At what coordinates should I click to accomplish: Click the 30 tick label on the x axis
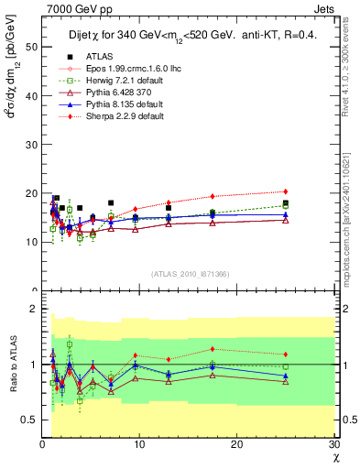[333, 445]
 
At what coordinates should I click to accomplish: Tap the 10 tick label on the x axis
[139, 445]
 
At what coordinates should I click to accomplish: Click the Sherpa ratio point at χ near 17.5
[213, 349]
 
